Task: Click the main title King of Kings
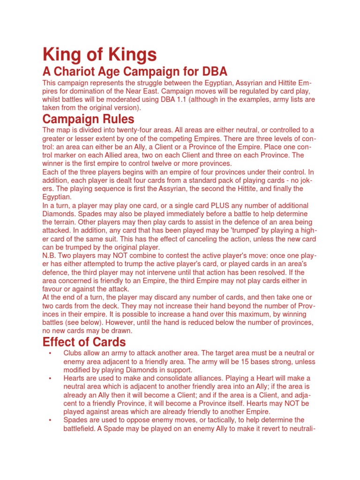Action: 99,55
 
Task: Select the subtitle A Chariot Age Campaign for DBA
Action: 135,72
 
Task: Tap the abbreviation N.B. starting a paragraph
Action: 50,256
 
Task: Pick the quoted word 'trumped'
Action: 242,231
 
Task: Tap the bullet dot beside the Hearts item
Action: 49,378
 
